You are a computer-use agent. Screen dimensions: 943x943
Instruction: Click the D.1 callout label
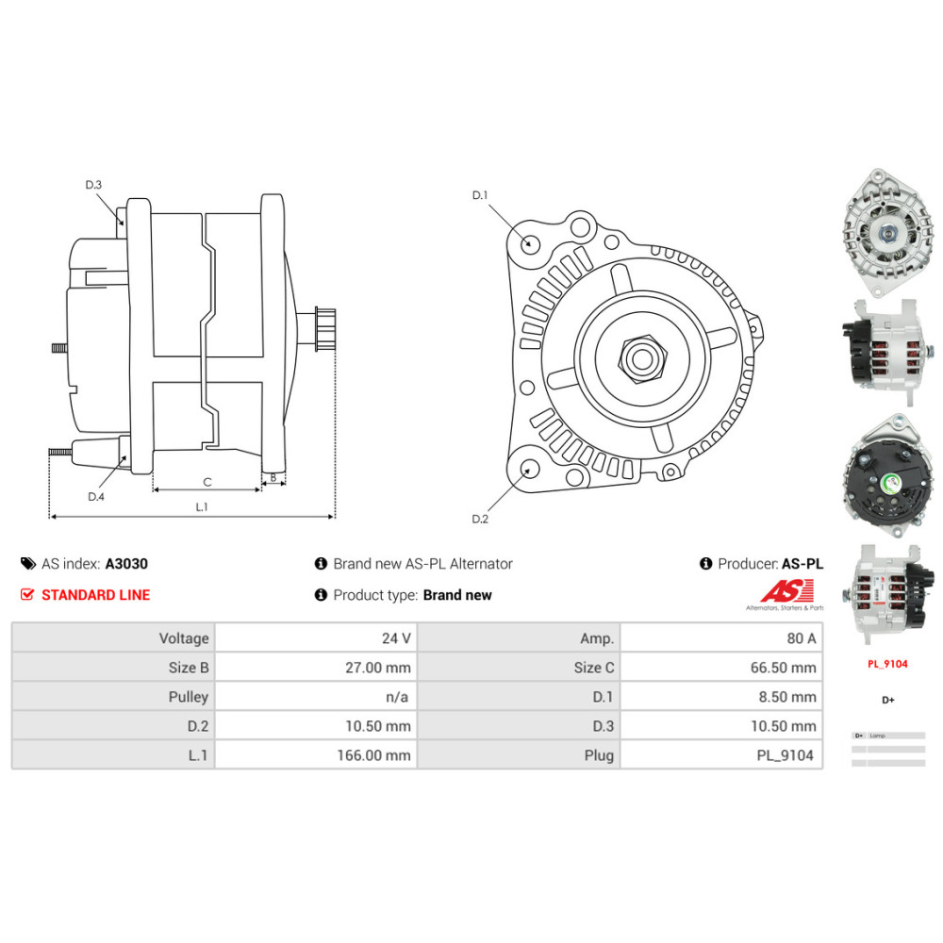(480, 195)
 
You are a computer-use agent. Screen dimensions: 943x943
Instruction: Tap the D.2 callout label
(480, 519)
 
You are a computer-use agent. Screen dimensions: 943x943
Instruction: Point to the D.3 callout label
(93, 185)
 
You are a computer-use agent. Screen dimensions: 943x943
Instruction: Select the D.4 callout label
(96, 497)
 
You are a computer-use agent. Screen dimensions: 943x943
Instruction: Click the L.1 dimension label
(201, 506)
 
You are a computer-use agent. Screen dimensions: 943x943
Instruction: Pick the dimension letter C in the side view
(207, 482)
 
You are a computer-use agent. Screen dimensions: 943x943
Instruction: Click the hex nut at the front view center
(642, 358)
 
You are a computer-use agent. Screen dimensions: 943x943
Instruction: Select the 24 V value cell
(316, 638)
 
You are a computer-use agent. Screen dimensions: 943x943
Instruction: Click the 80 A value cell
(721, 638)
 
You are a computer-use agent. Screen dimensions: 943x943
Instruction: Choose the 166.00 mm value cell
(316, 755)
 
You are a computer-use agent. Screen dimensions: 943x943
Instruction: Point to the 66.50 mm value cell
(721, 668)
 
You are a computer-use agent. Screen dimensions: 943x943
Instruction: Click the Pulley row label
(113, 697)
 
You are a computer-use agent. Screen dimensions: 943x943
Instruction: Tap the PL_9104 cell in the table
(721, 755)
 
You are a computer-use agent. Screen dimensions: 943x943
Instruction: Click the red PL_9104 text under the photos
(887, 664)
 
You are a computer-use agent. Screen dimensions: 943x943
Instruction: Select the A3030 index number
(126, 564)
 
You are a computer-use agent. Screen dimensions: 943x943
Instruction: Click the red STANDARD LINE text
(95, 595)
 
